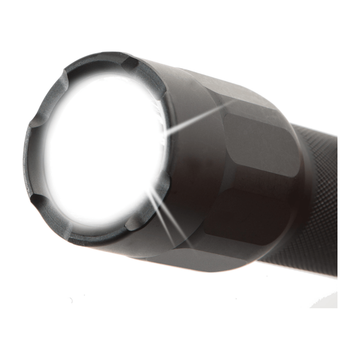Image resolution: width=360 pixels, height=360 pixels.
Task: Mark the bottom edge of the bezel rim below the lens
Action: [90, 238]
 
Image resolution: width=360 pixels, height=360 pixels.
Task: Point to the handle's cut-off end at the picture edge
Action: [336, 202]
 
